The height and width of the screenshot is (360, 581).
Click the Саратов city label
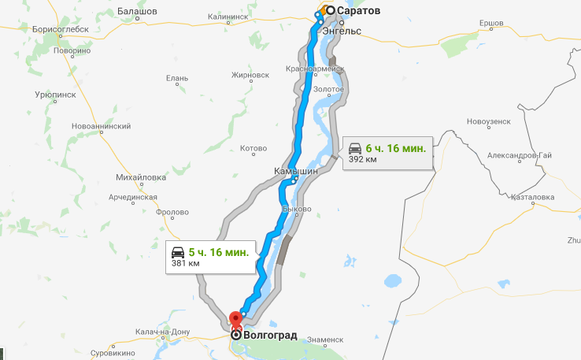coord(358,11)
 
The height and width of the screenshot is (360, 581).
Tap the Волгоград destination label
coord(271,335)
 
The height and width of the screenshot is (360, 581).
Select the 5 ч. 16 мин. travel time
coord(220,252)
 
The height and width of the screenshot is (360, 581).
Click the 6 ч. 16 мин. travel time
coord(396,147)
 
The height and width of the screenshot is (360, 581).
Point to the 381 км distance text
coord(182,265)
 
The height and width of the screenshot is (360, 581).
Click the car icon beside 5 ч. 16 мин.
coord(179,252)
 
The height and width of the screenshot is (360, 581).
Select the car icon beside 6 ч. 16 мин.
coord(355,147)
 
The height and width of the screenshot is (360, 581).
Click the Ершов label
coord(490,22)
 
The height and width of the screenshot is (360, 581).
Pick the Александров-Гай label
coord(512,155)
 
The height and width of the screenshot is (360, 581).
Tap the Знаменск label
coord(326,340)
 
